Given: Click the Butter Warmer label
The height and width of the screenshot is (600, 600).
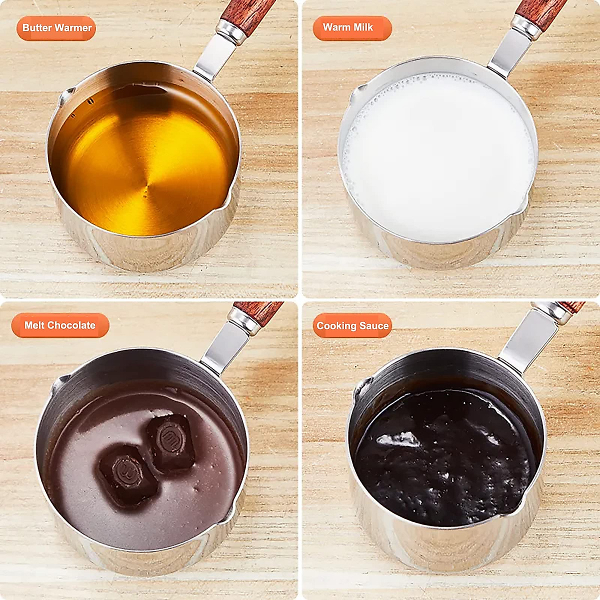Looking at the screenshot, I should (56, 28).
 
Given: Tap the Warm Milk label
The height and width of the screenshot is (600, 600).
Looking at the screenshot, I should (352, 28).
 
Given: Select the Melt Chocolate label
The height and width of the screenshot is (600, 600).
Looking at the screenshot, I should (60, 325).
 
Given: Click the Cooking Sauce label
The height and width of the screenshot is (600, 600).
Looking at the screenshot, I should (352, 326).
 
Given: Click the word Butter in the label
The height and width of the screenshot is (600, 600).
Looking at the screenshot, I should (37, 28).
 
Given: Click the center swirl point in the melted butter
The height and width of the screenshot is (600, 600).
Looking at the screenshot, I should (146, 189).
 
